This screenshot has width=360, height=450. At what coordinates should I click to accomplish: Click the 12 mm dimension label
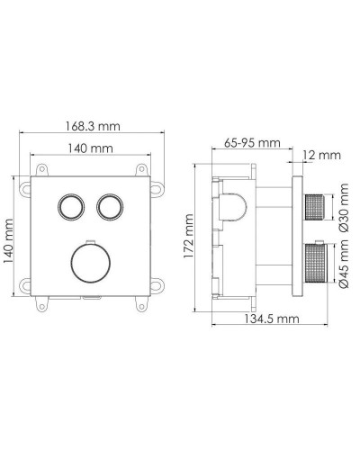pyautogui.click(x=321, y=156)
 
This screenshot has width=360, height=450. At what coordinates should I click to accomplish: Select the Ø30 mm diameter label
pyautogui.click(x=341, y=210)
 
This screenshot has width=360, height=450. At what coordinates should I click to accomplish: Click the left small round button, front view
pyautogui.click(x=70, y=207)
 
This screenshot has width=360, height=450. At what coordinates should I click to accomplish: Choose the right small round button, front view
pyautogui.click(x=111, y=207)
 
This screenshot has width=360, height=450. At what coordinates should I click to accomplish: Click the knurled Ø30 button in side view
pyautogui.click(x=314, y=208)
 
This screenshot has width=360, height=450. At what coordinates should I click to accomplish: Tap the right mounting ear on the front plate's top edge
pyautogui.click(x=140, y=170)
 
